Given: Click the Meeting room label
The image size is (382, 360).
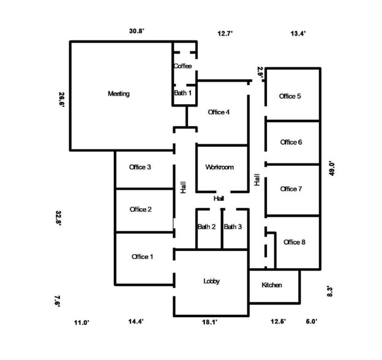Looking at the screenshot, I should pos(119,94).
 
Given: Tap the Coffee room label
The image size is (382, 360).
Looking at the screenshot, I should pos(182,66).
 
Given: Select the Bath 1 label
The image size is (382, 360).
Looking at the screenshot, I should pos(182,93).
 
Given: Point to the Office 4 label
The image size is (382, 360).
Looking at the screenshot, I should pos(219,112).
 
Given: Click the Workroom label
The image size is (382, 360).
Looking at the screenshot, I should pos(219,167).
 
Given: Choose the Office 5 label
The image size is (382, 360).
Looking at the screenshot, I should pos(290,96).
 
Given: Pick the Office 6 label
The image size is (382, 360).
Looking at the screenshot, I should pos(291,142).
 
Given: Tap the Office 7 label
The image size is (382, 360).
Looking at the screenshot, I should pos(291,189).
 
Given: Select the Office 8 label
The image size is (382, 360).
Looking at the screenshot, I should pos(294,242).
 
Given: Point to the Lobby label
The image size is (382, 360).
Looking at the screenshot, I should pos(211,281).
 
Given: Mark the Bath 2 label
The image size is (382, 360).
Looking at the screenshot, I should pos(206,227).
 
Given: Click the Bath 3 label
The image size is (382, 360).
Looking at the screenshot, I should pos(233,227).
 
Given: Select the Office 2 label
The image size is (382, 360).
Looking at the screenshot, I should pos(141,209).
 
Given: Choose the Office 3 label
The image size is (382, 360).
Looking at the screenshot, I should pos(140,167).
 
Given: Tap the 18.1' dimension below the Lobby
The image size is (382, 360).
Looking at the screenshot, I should pos(210,322).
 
